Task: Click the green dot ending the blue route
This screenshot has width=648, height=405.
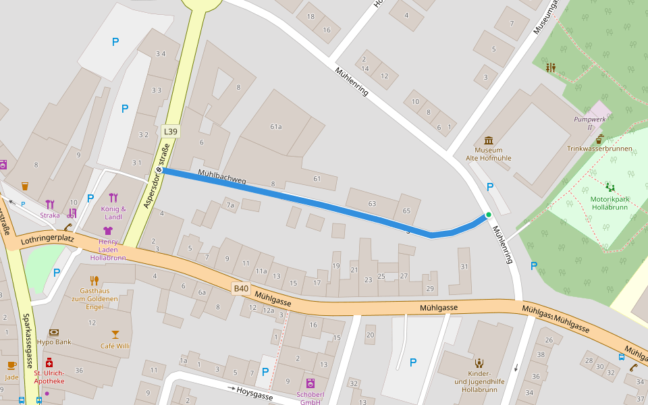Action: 488,215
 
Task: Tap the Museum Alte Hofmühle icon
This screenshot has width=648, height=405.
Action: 488,140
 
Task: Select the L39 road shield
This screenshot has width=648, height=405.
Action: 171,130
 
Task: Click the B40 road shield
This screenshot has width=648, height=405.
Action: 241,289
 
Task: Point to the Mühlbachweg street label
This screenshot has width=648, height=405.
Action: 222,179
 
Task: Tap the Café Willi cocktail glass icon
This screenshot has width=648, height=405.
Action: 115,334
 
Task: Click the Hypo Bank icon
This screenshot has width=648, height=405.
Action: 53,332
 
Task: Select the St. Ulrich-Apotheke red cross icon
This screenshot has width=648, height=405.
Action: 49,362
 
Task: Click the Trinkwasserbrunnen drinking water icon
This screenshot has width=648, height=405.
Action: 599,138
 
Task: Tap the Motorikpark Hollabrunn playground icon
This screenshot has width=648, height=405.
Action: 610,187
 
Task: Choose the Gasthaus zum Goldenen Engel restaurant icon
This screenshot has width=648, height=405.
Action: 94,280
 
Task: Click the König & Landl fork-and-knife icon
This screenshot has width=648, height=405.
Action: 113,198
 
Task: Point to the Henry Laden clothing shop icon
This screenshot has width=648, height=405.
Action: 107,230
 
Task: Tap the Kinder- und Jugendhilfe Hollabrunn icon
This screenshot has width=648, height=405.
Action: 479,363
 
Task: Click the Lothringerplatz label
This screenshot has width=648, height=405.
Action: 47,239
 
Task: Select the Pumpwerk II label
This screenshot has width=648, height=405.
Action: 583,123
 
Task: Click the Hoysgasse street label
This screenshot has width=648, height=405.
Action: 254,396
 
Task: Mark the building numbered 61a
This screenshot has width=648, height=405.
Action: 275,126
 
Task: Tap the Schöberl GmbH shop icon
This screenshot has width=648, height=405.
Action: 310,383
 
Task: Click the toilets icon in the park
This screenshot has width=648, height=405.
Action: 551,67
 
